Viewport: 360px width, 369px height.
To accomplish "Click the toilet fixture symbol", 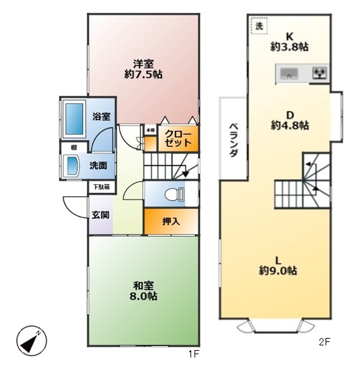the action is (x=174, y=195).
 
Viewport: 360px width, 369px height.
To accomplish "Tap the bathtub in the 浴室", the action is (x=74, y=119).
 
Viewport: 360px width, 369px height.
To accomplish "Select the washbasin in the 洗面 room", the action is (x=73, y=166).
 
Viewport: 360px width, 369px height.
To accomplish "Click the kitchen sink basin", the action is (x=289, y=73).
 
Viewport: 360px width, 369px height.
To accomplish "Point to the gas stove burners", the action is (x=319, y=72).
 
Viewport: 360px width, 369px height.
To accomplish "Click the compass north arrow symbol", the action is (x=32, y=341).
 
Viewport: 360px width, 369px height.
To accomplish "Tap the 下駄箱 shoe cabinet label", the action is (x=101, y=187).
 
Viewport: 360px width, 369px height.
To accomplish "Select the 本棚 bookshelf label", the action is (x=151, y=130).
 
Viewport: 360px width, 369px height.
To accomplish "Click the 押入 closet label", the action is (x=171, y=221).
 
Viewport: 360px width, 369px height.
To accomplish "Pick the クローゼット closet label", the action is (x=178, y=138).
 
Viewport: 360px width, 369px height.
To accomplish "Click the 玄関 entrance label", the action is (x=101, y=215).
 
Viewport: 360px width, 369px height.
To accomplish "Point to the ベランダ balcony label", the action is (x=234, y=140).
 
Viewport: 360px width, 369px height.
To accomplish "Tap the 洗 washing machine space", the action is (x=259, y=26).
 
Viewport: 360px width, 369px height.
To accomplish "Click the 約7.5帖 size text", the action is (x=143, y=74).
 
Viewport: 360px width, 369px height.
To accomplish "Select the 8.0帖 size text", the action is (x=143, y=296).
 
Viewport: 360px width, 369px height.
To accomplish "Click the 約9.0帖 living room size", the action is (x=278, y=271).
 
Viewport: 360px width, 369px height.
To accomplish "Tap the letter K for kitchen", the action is (x=289, y=36).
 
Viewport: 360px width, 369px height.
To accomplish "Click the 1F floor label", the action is (x=194, y=354).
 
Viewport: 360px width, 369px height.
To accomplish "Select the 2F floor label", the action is (x=324, y=342).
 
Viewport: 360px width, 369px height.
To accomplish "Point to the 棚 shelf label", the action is (x=74, y=148).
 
